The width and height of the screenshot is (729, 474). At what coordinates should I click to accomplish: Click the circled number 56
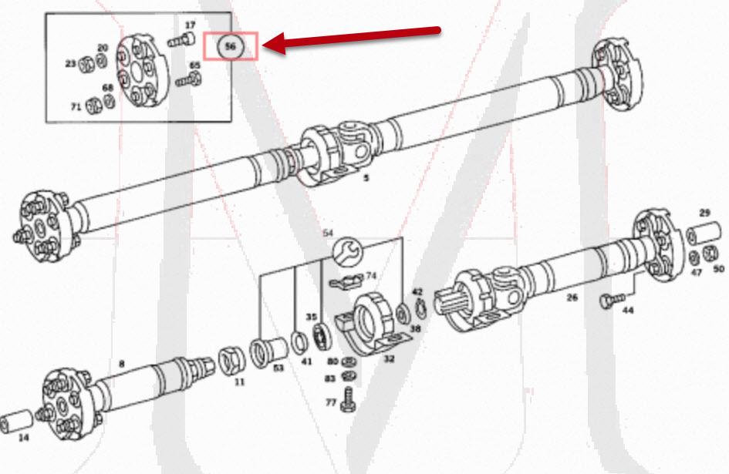click(230, 46)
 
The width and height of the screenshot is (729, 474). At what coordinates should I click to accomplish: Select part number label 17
click(190, 25)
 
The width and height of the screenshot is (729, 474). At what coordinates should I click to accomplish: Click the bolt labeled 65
click(185, 79)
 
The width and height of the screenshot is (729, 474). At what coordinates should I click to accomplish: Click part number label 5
click(366, 178)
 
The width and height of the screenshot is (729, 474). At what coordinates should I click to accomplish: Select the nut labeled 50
click(711, 254)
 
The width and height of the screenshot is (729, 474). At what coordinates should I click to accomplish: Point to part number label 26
click(572, 295)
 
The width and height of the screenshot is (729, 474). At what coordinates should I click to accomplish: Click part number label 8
click(121, 363)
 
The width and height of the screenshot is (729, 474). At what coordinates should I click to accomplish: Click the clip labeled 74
click(345, 283)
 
